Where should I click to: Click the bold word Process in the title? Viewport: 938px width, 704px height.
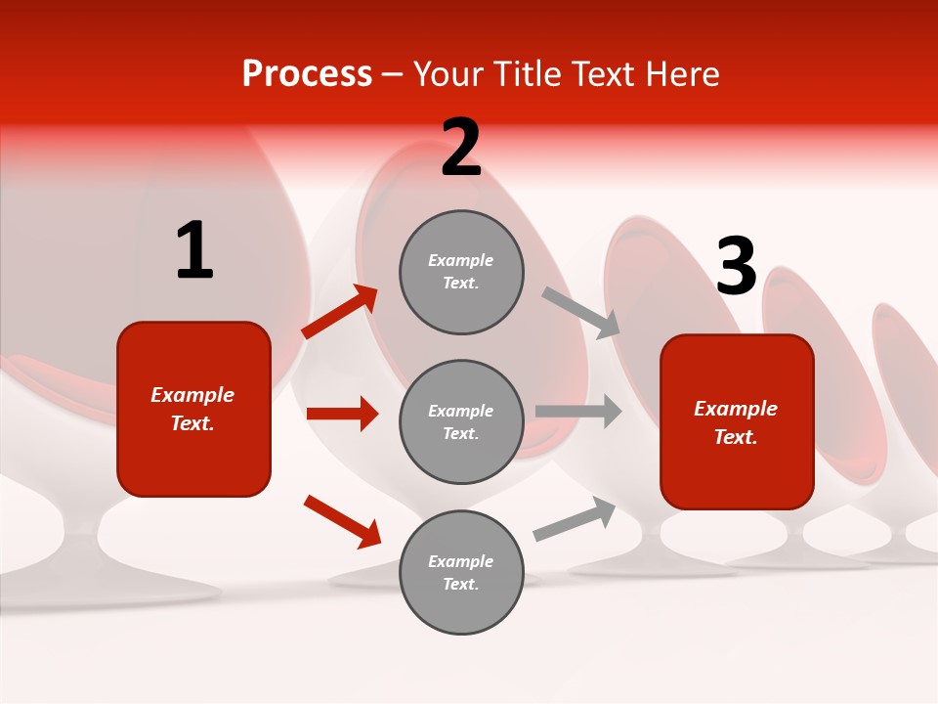tap(307, 74)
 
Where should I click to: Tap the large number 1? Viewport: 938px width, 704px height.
tap(194, 251)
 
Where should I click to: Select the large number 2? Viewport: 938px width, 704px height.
tap(461, 148)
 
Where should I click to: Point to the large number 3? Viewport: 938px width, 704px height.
tap(736, 267)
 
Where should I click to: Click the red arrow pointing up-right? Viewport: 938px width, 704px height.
tap(340, 312)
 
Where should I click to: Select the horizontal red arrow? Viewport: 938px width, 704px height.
tap(342, 414)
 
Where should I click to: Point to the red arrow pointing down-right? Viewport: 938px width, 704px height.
tap(342, 521)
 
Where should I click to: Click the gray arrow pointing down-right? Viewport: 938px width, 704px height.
tap(581, 313)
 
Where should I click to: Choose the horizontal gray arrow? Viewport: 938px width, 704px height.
tap(578, 411)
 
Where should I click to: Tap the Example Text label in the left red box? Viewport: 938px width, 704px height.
tap(192, 409)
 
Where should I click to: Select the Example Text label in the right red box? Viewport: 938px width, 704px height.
tap(736, 422)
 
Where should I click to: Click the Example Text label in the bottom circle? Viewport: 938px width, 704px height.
tap(461, 572)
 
